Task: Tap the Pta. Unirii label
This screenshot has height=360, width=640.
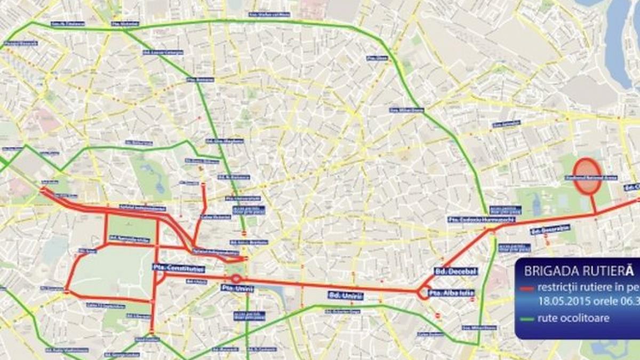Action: tap(237, 288)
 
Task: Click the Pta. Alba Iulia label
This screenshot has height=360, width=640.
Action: tap(452, 292)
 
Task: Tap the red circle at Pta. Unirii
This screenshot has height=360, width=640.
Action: tap(236, 278)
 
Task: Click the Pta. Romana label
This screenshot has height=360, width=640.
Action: tap(201, 79)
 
